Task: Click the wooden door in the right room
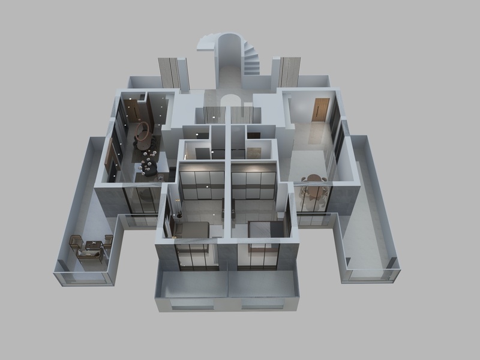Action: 321,109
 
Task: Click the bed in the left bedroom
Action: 191,230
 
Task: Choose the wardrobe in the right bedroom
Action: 254,184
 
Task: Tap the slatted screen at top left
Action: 173,74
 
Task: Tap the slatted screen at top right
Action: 289,72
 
